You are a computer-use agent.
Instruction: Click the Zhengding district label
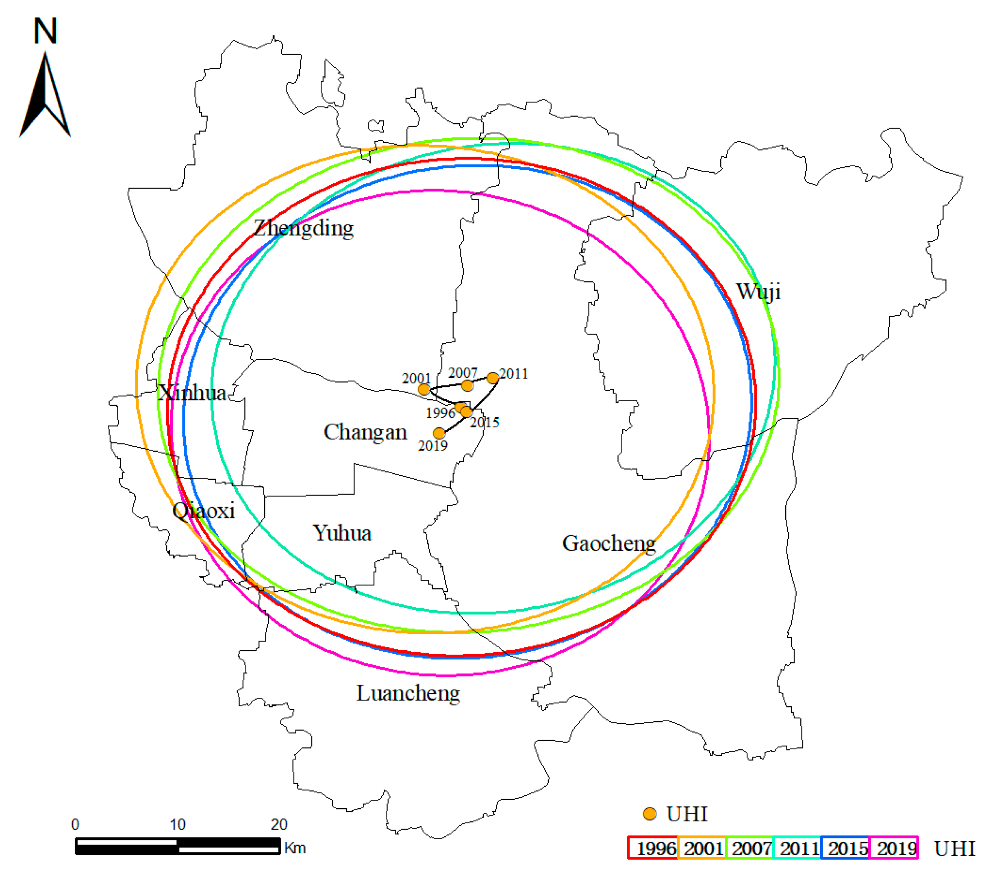coord(303,228)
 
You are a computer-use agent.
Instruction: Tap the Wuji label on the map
coord(758,291)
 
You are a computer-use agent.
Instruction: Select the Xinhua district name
coord(193,392)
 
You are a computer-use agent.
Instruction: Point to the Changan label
coord(365,432)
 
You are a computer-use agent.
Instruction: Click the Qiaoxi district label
coord(204,510)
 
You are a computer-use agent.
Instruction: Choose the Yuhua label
coord(342,533)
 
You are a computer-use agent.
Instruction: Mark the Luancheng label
coord(408,693)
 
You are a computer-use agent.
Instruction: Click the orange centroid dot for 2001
coord(424,389)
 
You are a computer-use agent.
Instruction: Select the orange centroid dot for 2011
coord(493,378)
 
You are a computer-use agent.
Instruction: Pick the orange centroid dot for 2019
coord(439,433)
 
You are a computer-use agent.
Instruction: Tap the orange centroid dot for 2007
coord(467,386)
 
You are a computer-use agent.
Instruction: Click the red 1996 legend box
coord(652,847)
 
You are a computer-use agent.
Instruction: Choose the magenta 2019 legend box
coord(894,847)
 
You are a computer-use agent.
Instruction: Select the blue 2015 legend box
coord(845,847)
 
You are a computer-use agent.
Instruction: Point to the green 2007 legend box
coord(749,847)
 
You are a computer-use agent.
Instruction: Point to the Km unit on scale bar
coord(295,848)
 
